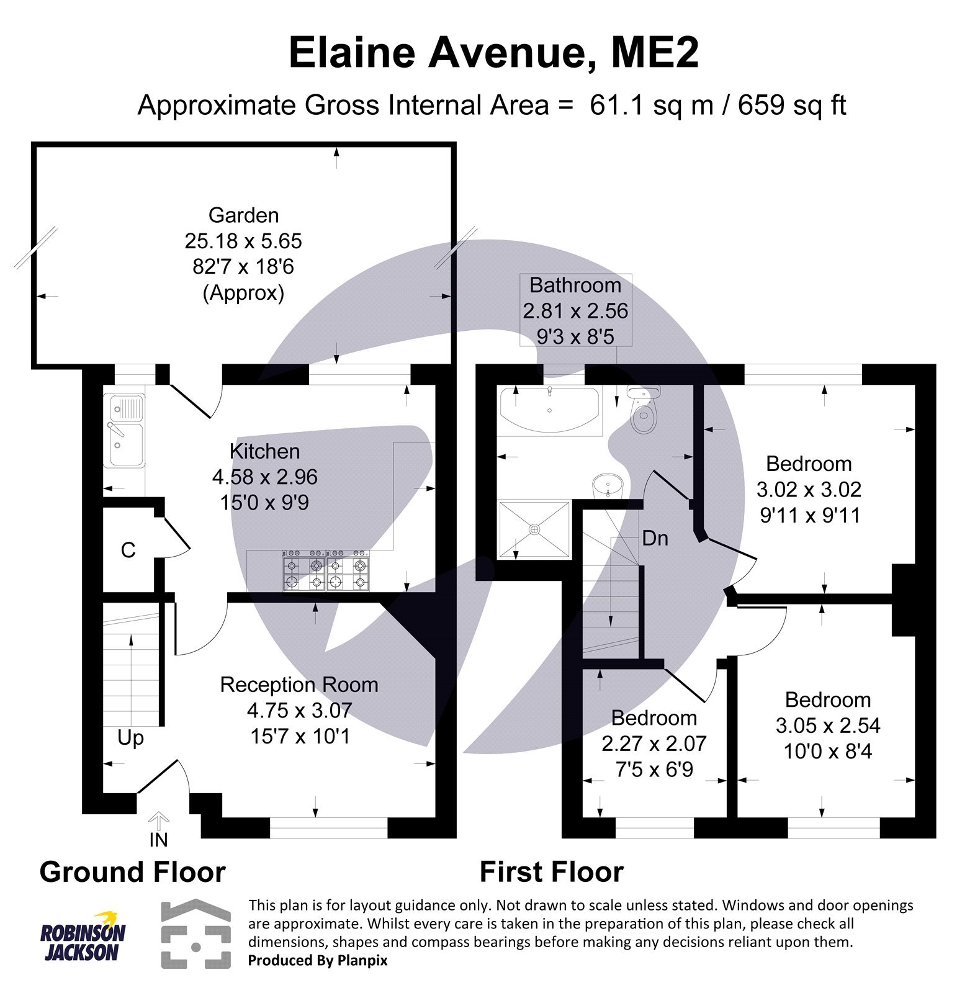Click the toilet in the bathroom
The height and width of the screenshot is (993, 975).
[x=644, y=411]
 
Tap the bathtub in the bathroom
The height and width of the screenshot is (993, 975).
[x=550, y=410]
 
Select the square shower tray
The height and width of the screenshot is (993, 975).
[x=534, y=529]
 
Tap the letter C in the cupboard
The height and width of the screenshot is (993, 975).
[x=128, y=550]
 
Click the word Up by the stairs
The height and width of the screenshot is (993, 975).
[x=130, y=738]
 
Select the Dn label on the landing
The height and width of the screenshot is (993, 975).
[x=655, y=538]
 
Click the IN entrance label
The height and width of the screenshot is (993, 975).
[x=158, y=840]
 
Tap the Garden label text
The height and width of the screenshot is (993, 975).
[x=243, y=215]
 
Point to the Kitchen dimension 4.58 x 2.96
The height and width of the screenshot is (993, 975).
[x=264, y=477]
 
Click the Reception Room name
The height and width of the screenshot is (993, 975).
[x=299, y=685]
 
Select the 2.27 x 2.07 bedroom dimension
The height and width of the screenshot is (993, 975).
[x=654, y=744]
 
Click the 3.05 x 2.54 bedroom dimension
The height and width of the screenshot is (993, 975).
[x=827, y=726]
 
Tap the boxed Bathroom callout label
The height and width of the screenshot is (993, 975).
[x=575, y=310]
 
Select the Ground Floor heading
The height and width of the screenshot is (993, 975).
[x=132, y=872]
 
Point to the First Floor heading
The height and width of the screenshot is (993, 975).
[x=551, y=872]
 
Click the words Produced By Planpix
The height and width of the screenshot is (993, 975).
[x=318, y=960]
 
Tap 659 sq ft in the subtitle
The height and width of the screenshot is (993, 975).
[x=791, y=105]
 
